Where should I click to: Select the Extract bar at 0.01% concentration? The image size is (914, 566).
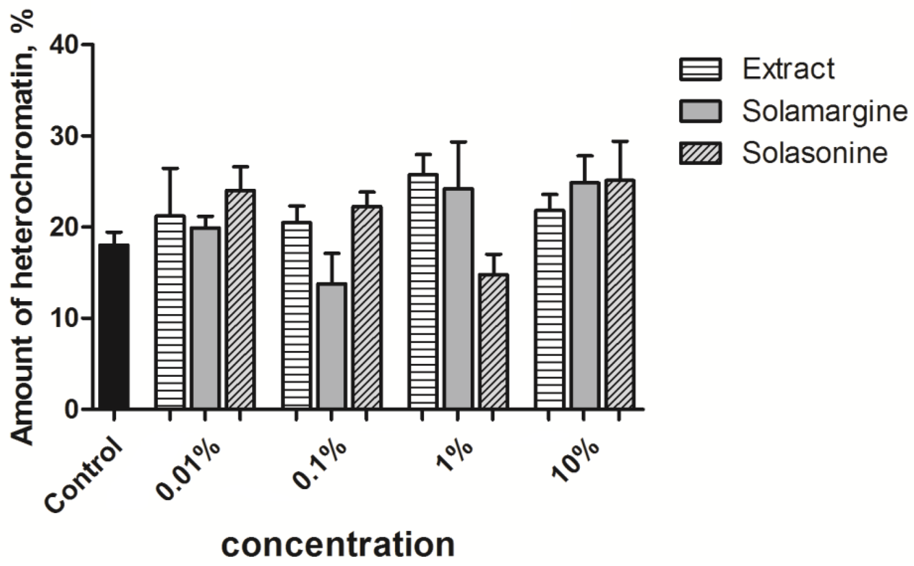pos(170,311)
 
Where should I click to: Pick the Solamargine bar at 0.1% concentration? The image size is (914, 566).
pos(331,346)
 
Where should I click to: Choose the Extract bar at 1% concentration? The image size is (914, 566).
pos(422,291)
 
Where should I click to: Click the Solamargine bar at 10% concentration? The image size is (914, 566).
pos(584,295)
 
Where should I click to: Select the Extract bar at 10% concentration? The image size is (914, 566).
pos(549,309)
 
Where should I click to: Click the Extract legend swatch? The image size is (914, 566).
pos(700,70)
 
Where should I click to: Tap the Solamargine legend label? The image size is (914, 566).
pos(824,111)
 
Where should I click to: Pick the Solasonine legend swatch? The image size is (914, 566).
pos(700,153)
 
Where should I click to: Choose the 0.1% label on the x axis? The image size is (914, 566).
pos(319,465)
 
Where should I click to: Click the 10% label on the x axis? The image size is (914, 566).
pos(576,461)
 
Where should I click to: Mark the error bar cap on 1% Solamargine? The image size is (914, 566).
pos(458,142)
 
